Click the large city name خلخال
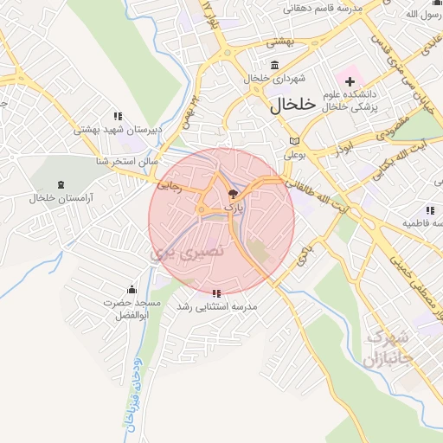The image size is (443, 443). [x=288, y=106]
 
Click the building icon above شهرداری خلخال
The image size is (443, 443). [x=275, y=66]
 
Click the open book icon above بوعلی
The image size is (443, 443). [x=295, y=141]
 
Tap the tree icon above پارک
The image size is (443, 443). [x=232, y=194]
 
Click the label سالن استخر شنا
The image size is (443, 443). [x=126, y=161]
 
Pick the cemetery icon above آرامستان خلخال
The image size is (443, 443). [x=60, y=185]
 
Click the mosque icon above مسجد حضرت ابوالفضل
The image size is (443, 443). [x=132, y=289]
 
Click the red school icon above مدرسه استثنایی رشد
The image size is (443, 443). [x=216, y=293]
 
